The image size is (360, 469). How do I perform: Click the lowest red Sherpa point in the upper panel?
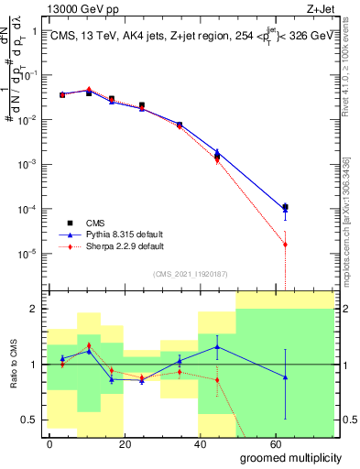coord(285,245)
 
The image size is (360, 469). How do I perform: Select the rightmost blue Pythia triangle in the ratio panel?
coord(285,377)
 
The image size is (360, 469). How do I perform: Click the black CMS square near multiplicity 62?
coord(285,207)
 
